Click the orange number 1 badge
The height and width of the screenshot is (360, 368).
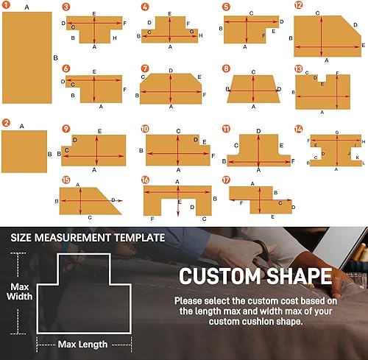(x=7, y=7)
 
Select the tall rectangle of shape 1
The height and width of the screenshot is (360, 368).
(x=27, y=57)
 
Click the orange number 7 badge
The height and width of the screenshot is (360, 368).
(x=145, y=68)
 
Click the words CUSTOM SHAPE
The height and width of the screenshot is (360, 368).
(x=253, y=277)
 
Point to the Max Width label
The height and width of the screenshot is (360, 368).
(x=21, y=293)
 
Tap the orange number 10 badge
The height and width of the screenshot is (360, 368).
(x=145, y=128)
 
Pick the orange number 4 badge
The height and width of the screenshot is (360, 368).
(x=145, y=7)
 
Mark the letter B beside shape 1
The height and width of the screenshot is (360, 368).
(x=55, y=57)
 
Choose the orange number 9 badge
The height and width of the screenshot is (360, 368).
(x=66, y=128)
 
